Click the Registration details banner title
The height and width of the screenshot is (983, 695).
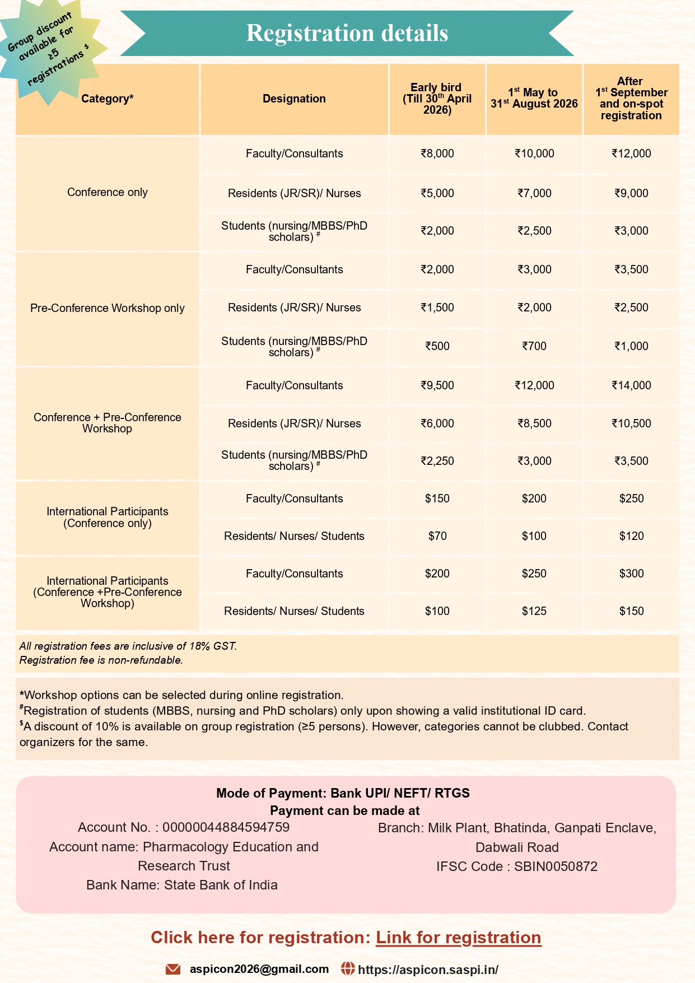pyautogui.click(x=347, y=33)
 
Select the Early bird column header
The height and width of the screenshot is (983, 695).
pyautogui.click(x=437, y=99)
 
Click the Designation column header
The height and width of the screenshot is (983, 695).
pyautogui.click(x=294, y=99)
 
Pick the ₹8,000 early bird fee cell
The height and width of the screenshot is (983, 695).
pyautogui.click(x=437, y=153)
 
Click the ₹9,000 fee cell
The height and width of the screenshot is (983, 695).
pyautogui.click(x=631, y=193)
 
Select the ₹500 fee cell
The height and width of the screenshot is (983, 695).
pyautogui.click(x=437, y=346)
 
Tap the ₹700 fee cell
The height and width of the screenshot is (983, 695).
pyautogui.click(x=534, y=346)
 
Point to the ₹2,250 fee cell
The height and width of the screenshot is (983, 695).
pyautogui.click(x=437, y=461)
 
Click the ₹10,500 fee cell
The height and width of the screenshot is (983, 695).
pyautogui.click(x=631, y=423)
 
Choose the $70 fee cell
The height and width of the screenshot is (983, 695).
pyautogui.click(x=437, y=536)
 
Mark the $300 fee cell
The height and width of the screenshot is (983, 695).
pyautogui.click(x=631, y=574)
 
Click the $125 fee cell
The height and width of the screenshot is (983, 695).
pyautogui.click(x=534, y=611)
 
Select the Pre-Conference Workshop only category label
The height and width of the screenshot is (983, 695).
pyautogui.click(x=108, y=308)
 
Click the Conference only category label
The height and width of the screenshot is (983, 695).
pyautogui.click(x=108, y=192)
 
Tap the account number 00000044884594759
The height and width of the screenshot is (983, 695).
pyautogui.click(x=226, y=827)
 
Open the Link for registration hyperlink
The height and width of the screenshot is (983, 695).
pyautogui.click(x=458, y=938)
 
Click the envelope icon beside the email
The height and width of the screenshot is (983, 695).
pyautogui.click(x=173, y=969)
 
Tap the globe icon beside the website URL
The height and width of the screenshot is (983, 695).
pyautogui.click(x=348, y=968)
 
